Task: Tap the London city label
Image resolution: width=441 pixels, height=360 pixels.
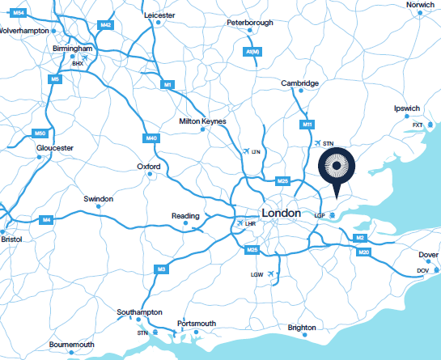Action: (282, 212)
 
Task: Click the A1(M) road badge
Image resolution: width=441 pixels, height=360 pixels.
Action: (252, 52)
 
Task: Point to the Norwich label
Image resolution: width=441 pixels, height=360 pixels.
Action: (420, 5)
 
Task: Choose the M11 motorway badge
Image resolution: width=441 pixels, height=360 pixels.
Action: (307, 124)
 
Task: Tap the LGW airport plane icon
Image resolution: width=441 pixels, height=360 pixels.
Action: (271, 275)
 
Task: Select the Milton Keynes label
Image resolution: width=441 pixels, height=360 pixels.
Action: (202, 122)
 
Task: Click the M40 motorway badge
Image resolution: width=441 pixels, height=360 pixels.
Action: (151, 139)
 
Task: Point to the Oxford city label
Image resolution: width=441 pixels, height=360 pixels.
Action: (149, 167)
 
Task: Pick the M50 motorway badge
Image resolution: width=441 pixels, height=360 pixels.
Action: (40, 133)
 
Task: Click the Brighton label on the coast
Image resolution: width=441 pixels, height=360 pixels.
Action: (302, 328)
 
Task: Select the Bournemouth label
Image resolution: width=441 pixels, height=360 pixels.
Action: (72, 345)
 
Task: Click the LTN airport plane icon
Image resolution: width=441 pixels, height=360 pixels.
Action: (246, 151)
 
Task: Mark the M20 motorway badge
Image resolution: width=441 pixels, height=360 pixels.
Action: (364, 253)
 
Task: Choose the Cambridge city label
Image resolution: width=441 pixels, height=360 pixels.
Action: (299, 83)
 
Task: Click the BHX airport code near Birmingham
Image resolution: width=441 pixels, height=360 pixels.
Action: (78, 63)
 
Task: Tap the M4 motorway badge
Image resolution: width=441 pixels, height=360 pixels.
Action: (47, 220)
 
